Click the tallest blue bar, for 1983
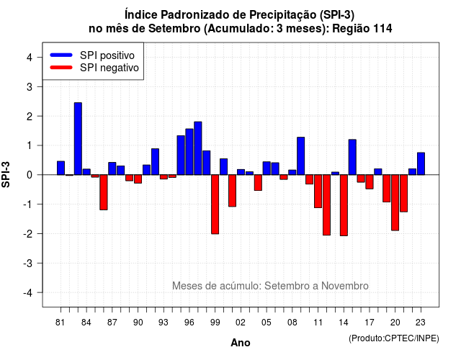tap(78, 139)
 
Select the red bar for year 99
tap(215, 204)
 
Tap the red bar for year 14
tap(344, 205)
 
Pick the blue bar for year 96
tap(189, 152)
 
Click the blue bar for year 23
tap(421, 163)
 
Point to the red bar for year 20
tap(395, 202)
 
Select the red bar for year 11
tap(318, 192)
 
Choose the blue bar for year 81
tap(61, 168)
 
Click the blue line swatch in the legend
tap(61, 55)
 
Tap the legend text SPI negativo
tap(109, 68)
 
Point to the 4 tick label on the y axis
tap(30, 58)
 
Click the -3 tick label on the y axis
tap(28, 264)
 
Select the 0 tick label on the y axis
tap(30, 175)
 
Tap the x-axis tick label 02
tap(240, 323)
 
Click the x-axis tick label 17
tap(370, 323)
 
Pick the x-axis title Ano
tap(241, 343)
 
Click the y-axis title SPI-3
tap(6, 174)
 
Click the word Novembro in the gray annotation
tap(345, 286)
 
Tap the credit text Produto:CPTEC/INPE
tap(394, 338)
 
